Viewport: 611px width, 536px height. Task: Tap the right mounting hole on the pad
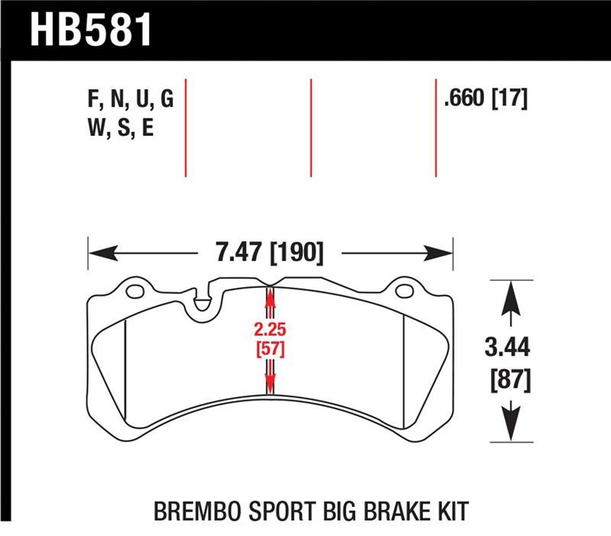coord(405,291)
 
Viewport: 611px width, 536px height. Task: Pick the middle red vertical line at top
coord(311,127)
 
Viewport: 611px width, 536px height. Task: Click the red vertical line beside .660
coord(435,127)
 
